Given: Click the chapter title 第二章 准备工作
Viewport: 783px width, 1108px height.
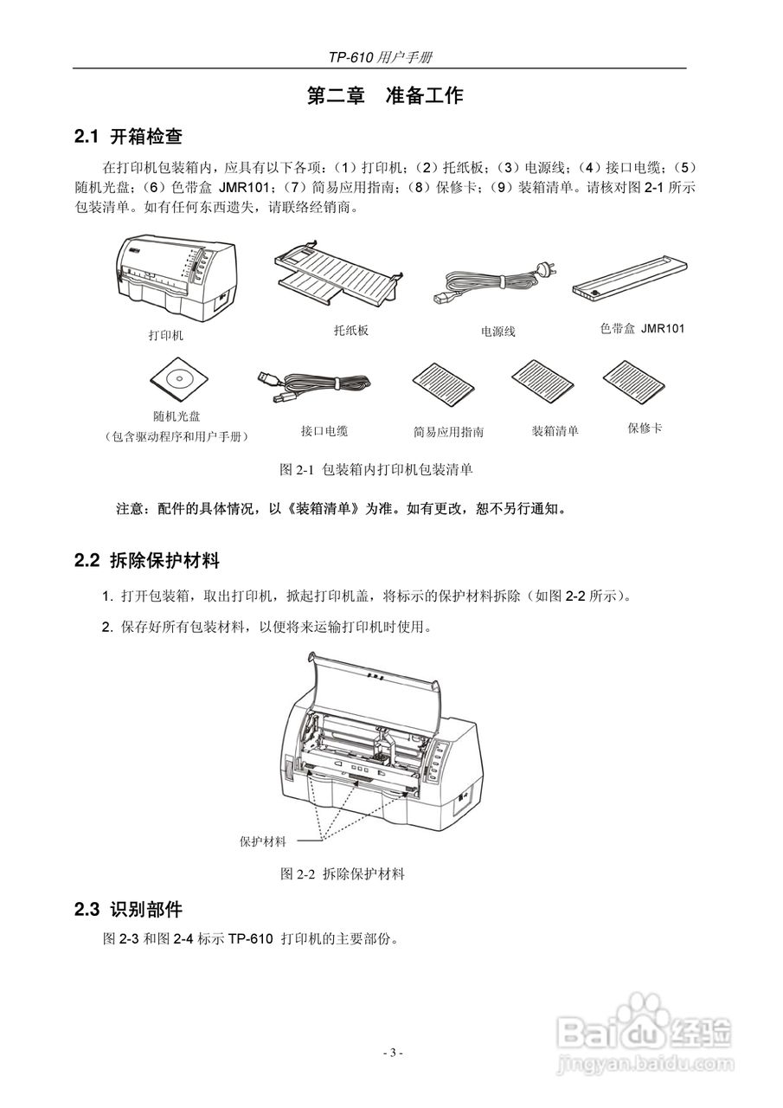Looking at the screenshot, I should (385, 96).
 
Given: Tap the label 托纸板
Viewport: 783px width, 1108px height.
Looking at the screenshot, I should (350, 330).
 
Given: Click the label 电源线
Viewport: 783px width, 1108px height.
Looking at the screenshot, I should (497, 331).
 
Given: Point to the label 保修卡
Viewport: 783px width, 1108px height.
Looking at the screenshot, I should (644, 428).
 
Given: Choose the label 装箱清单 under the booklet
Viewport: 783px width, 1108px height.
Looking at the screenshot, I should (555, 430).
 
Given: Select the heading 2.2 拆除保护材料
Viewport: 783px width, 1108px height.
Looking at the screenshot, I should (147, 560).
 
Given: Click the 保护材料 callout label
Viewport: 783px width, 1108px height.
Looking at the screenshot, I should (263, 841).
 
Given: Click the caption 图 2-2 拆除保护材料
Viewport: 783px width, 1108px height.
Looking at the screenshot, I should (343, 873).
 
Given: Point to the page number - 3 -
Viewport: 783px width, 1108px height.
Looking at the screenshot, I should (392, 1053).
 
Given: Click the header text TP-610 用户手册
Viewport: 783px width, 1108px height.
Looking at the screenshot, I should (380, 57).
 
